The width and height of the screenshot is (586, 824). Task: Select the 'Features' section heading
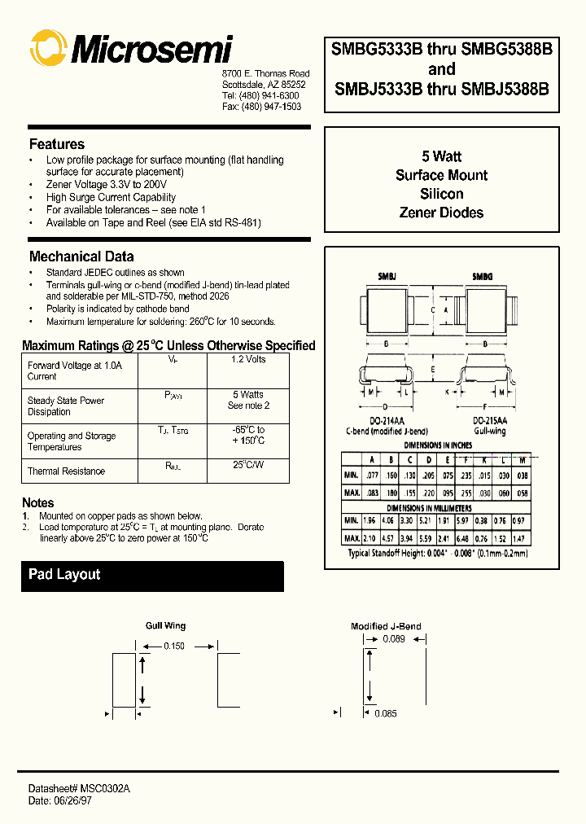(57, 144)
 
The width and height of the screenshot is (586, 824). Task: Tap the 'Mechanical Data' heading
(81, 256)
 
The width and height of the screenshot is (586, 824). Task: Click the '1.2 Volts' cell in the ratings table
(248, 359)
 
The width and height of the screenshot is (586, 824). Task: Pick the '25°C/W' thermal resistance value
(248, 465)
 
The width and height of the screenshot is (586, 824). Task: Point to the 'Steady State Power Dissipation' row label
(66, 406)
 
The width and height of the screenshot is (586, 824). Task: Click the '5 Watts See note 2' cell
(248, 400)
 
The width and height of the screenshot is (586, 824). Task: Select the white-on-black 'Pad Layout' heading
(64, 575)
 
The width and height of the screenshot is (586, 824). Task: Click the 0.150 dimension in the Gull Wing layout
(174, 646)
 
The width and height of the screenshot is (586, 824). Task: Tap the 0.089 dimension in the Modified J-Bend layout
(393, 640)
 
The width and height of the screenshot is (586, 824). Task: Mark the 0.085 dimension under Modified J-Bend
(386, 714)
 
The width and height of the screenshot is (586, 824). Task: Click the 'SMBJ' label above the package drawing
(387, 278)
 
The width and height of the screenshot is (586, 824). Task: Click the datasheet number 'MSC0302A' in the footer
(104, 790)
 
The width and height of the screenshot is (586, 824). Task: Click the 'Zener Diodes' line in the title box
(441, 213)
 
